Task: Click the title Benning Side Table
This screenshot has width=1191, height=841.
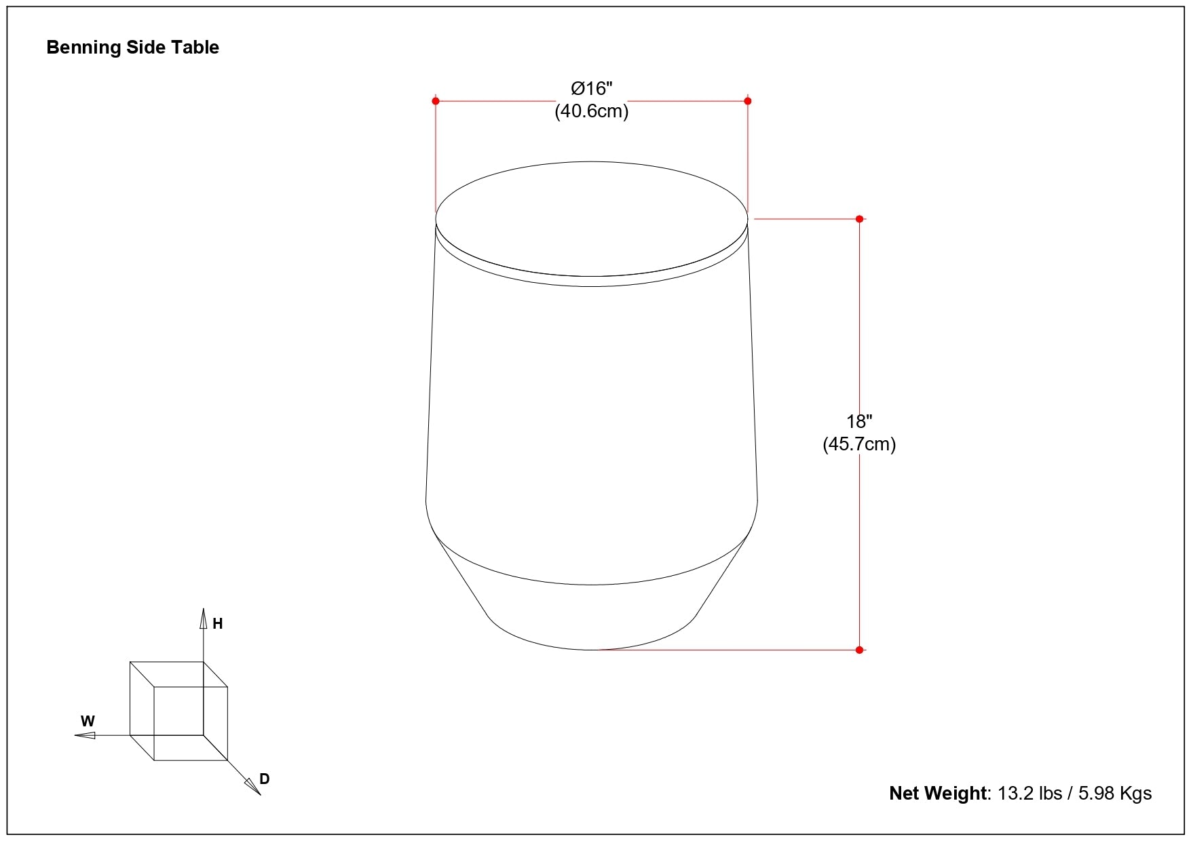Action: tap(132, 47)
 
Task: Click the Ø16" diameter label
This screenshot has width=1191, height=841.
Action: tap(591, 88)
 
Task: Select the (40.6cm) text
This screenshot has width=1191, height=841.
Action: tap(591, 111)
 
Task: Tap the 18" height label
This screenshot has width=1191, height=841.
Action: tap(859, 422)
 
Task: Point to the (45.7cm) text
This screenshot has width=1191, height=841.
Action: tap(859, 444)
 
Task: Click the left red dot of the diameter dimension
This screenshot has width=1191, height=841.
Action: tap(436, 101)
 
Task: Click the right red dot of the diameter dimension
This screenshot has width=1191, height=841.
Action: tap(748, 101)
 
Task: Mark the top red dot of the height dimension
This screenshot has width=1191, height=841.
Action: tap(859, 219)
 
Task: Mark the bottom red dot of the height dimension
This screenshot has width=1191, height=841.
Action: tap(859, 650)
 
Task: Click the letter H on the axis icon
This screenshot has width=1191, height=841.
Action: tap(218, 624)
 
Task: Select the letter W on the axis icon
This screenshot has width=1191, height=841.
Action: tap(88, 722)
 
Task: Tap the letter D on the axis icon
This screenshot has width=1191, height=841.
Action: tap(265, 779)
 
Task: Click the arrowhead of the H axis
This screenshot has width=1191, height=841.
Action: tap(203, 618)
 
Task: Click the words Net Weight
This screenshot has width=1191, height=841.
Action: tap(939, 793)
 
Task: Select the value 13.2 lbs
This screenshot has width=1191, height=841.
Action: tap(1029, 793)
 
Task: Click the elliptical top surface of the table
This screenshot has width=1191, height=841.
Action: tap(591, 218)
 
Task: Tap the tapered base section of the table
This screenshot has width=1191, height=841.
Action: tap(591, 614)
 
